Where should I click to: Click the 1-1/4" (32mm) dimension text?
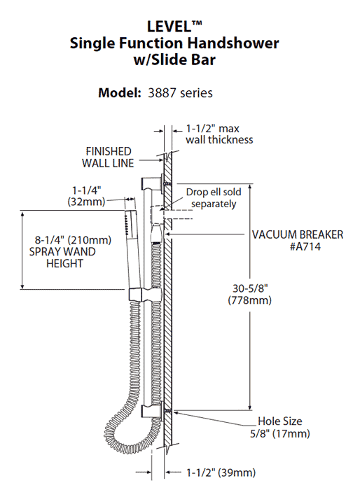[87, 195]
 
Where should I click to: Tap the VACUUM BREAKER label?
[298, 234]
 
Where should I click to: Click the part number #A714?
[298, 247]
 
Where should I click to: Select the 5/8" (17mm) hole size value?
[284, 434]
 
